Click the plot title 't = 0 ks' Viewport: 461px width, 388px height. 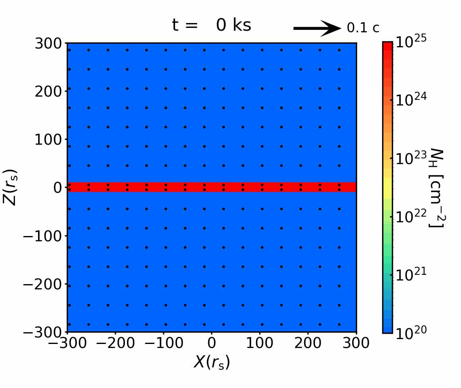coord(211,25)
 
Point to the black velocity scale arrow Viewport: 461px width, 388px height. coord(317,28)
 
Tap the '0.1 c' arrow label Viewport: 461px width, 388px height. coord(363,28)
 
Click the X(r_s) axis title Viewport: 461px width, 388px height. coord(211,362)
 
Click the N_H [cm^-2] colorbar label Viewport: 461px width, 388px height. coord(436,187)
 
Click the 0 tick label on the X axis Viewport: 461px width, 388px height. coord(211,343)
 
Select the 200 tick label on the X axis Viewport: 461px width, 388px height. coord(308,343)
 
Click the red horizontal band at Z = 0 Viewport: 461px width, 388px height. coord(211,187)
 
